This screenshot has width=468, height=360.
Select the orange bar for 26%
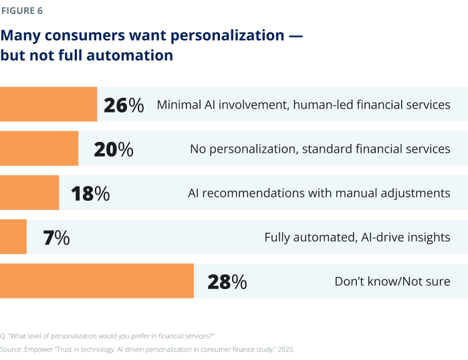[48, 104]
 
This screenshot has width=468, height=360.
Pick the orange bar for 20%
[39, 149]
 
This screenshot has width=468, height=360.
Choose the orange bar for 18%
[29, 193]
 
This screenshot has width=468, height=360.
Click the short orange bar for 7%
[13, 237]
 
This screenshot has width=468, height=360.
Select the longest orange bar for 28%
[96, 281]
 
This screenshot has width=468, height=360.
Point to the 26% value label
[124, 105]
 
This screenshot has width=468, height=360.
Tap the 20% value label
[114, 149]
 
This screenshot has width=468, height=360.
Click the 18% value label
[90, 193]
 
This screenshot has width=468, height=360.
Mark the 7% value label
[56, 238]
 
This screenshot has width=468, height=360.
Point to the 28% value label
[227, 282]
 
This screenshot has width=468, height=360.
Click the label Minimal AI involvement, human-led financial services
[303, 105]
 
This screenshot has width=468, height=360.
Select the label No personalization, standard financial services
[320, 149]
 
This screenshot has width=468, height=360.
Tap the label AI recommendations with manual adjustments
[319, 193]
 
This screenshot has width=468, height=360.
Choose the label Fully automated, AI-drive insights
[357, 238]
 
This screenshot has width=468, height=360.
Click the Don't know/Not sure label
[392, 282]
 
